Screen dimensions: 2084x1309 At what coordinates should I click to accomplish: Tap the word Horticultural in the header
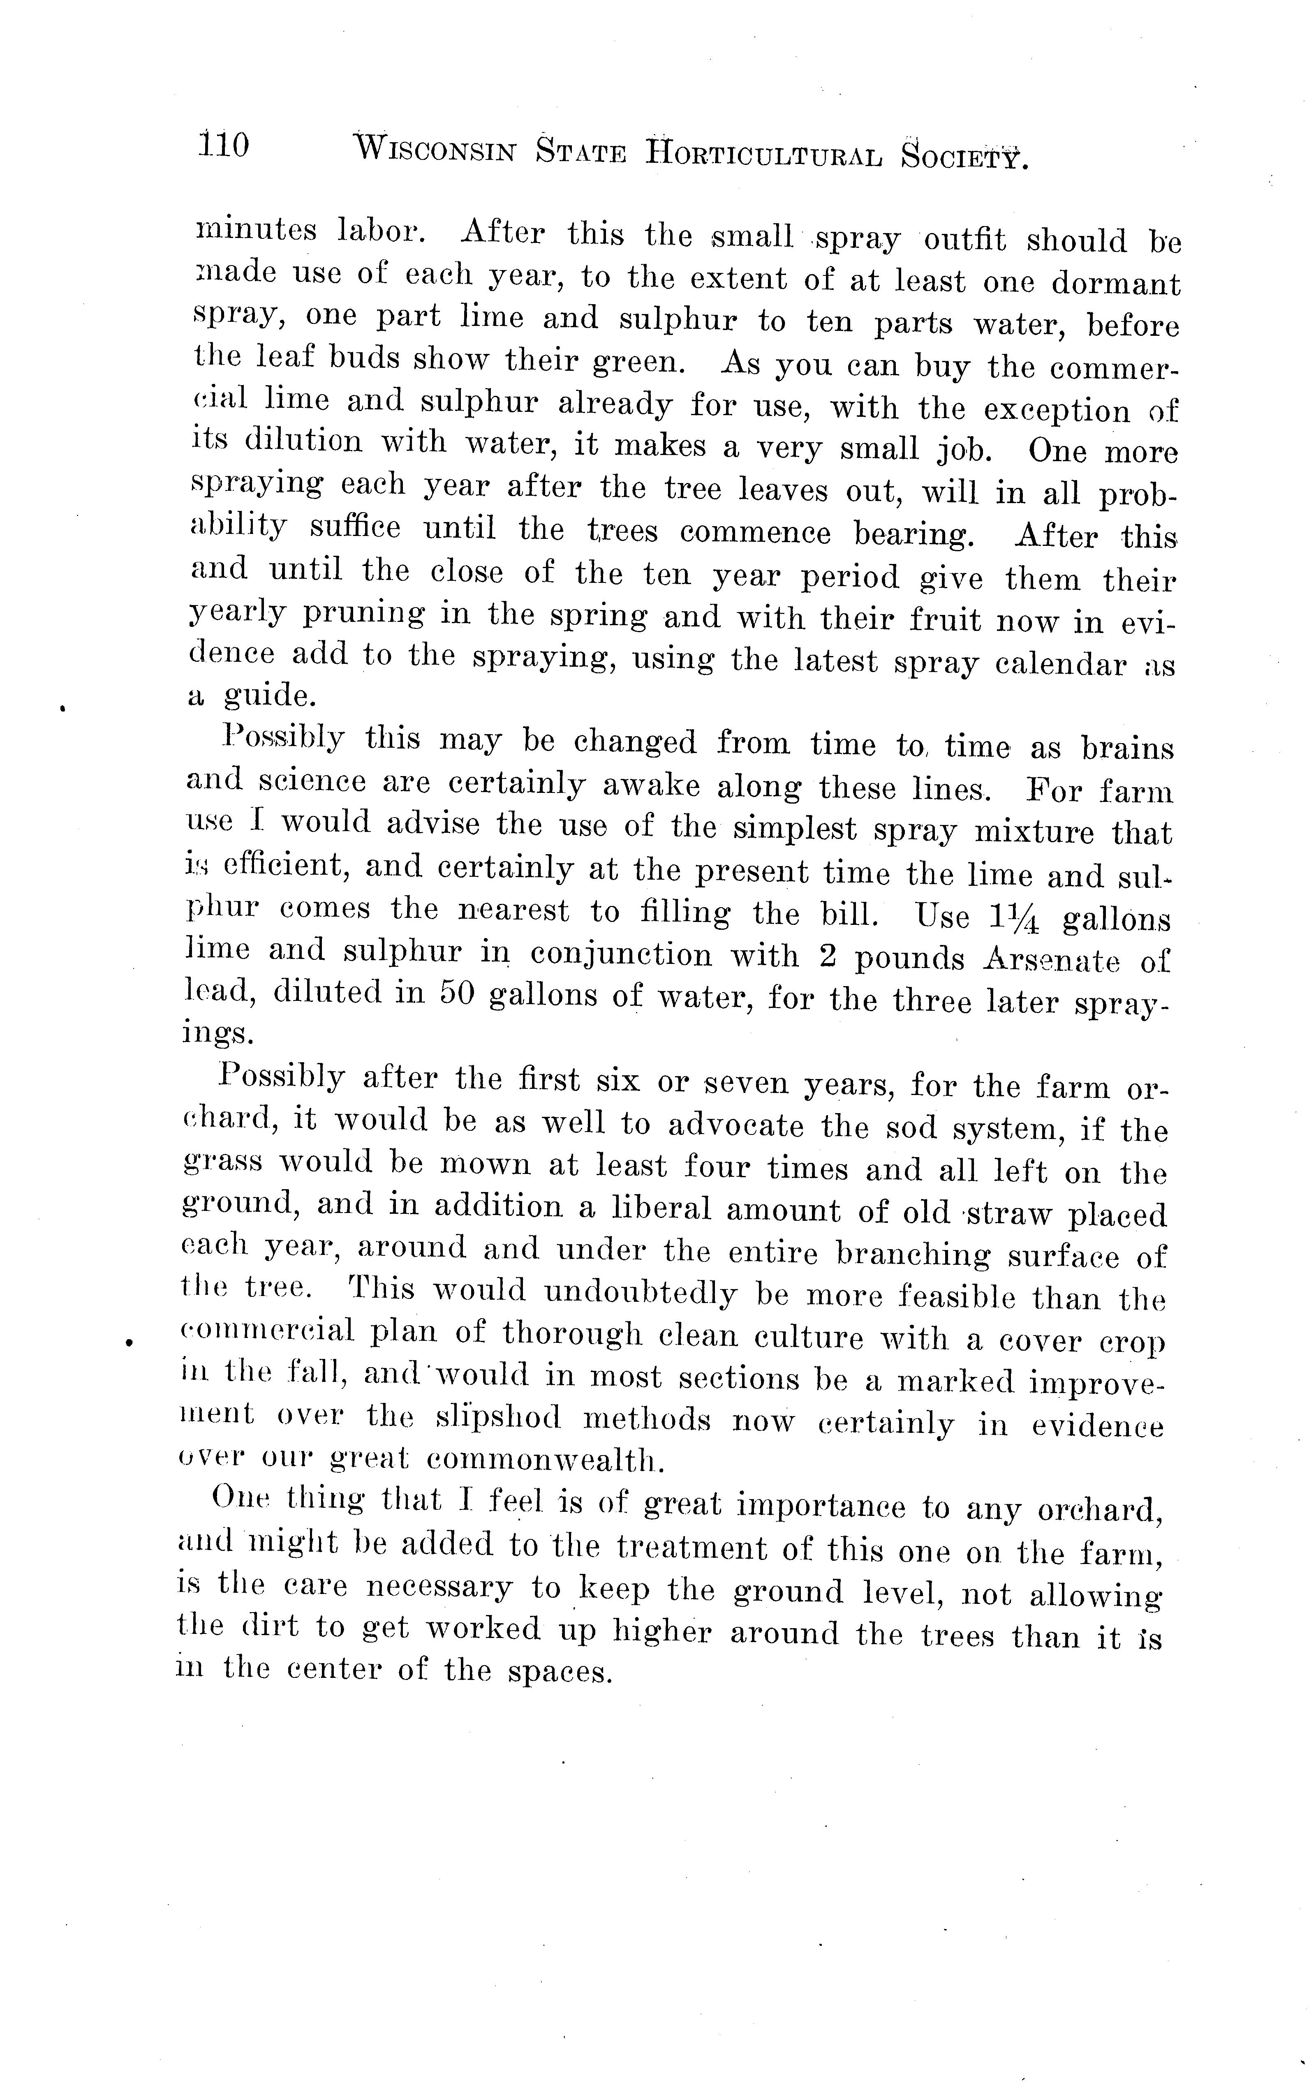click(x=763, y=154)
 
